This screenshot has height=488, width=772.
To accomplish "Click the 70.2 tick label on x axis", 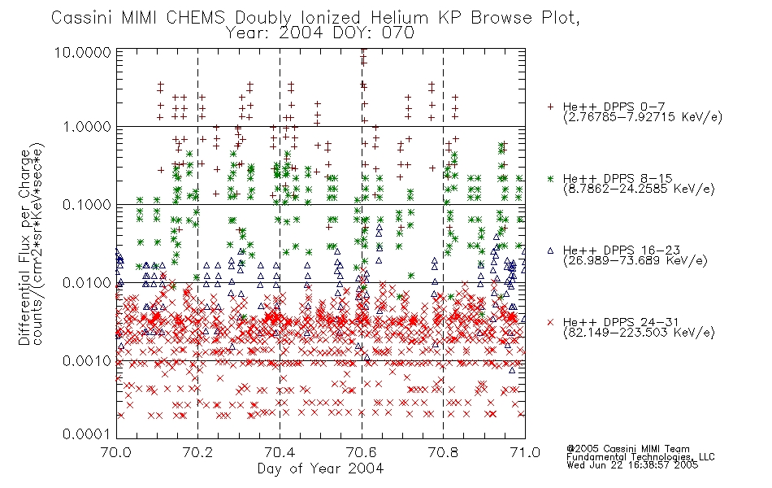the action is pos(197,452).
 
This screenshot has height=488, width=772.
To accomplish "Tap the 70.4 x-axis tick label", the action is pos(280,452).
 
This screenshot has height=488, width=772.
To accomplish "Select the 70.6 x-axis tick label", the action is pos(362,452).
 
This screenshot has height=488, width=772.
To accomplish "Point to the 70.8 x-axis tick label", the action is pos(444,452).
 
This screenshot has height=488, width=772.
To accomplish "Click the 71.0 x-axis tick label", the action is pos(525,452).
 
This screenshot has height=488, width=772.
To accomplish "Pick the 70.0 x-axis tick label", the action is pos(115,452).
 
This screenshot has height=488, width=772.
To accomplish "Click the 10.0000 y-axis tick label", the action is pos(83,52).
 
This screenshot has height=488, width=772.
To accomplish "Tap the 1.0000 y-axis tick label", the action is pos(86,127).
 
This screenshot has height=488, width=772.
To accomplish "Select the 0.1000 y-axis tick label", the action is pos(86,205).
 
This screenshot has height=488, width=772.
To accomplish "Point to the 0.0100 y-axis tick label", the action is pos(86,283).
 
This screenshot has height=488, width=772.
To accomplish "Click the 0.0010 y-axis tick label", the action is pos(86,361).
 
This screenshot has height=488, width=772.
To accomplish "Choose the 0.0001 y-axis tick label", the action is pos(86,434).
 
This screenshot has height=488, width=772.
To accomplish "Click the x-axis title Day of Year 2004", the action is pos(320,468).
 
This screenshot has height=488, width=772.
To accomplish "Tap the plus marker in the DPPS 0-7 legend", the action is pos(550,107).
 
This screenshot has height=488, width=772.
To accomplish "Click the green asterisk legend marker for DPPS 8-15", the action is pos(550,178).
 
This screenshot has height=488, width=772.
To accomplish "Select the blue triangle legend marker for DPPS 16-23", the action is pos(550,251).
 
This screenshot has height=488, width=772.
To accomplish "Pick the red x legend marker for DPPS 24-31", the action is pos(550,322).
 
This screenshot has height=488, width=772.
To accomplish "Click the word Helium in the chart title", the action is pos(399,18).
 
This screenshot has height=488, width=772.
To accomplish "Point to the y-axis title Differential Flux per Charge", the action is pos(24,247).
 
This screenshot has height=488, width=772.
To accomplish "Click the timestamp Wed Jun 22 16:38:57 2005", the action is pos(632,465).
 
